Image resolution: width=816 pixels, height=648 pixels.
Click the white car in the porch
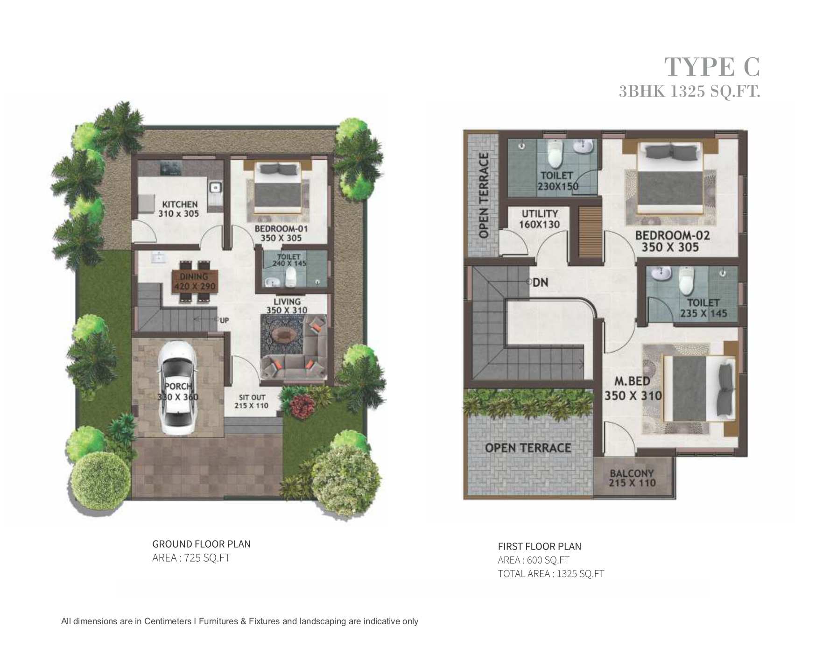coord(176,388)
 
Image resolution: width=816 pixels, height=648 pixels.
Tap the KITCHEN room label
coord(180,204)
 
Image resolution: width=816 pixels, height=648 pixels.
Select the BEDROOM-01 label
coord(281,229)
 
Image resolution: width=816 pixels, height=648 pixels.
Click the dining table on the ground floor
coord(194,282)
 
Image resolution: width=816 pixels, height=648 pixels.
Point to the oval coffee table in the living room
coord(282,334)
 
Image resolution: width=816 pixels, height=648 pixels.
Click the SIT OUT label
coord(252,397)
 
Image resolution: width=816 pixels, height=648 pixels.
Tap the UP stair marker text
coord(224,320)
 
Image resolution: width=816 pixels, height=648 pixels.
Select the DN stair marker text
coord(540,282)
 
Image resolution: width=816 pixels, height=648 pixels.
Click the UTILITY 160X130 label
coord(540,219)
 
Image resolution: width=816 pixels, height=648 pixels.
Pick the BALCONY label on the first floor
coord(632,473)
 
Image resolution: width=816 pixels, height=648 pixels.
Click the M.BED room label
coord(632,381)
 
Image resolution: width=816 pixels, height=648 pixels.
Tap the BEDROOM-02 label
coord(672,235)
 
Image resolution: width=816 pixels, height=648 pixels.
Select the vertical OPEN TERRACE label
coord(484,195)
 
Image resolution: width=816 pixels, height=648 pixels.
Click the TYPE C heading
coord(712,67)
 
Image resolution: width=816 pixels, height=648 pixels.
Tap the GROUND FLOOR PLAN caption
coord(201,544)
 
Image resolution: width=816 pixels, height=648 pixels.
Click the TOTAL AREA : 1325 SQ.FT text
coord(551,574)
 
